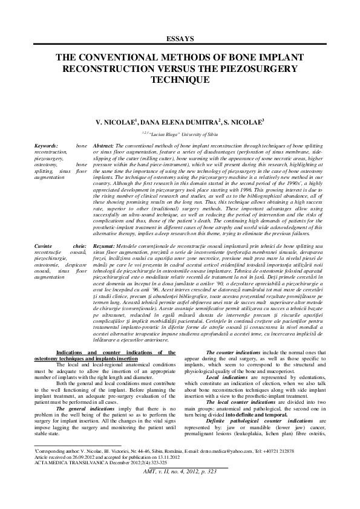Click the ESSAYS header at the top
180,38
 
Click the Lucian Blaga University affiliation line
180,134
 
